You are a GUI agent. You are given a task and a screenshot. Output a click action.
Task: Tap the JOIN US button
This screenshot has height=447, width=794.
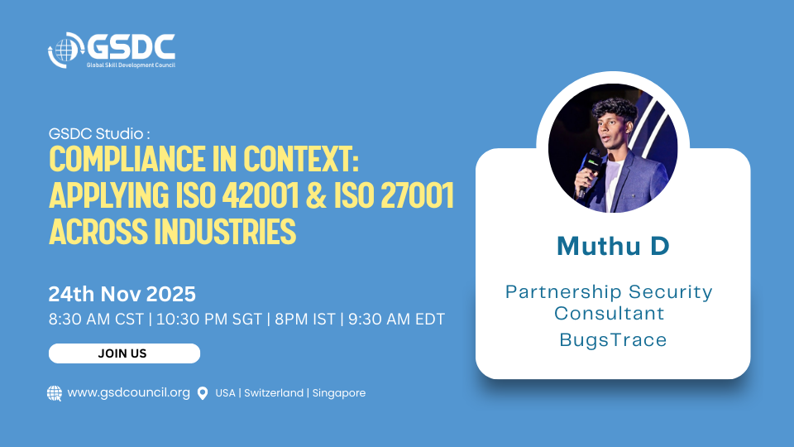click(x=124, y=353)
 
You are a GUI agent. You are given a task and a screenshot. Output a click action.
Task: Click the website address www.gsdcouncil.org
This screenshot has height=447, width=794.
click(x=129, y=392)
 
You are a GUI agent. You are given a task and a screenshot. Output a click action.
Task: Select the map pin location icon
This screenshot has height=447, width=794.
click(x=203, y=393)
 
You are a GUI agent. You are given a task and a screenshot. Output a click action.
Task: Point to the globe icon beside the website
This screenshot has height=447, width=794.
click(x=55, y=393)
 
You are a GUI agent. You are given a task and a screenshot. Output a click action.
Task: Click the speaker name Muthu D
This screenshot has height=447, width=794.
click(x=613, y=247)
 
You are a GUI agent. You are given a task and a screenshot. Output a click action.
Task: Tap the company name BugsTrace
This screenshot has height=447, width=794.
click(x=613, y=339)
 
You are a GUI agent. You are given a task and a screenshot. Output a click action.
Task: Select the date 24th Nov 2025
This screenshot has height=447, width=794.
click(x=122, y=294)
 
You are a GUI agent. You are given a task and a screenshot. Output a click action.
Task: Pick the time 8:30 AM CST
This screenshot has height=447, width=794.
click(x=96, y=320)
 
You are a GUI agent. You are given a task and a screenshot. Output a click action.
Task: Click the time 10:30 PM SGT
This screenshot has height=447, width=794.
click(x=209, y=320)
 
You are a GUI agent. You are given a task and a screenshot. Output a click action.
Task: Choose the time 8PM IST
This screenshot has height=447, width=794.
click(x=305, y=320)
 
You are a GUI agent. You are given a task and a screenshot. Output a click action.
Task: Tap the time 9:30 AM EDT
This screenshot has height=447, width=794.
click(x=396, y=320)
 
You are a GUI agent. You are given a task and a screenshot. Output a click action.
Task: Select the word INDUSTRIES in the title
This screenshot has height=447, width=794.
click(x=225, y=231)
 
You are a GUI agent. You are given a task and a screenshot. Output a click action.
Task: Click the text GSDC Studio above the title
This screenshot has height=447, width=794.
click(x=96, y=134)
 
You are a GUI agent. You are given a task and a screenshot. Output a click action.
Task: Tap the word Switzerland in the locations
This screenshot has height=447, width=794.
click(x=274, y=393)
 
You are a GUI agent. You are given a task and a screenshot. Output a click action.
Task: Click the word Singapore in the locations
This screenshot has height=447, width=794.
click(x=339, y=393)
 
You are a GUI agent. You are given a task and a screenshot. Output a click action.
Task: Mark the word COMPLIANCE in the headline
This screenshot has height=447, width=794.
click(x=127, y=159)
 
